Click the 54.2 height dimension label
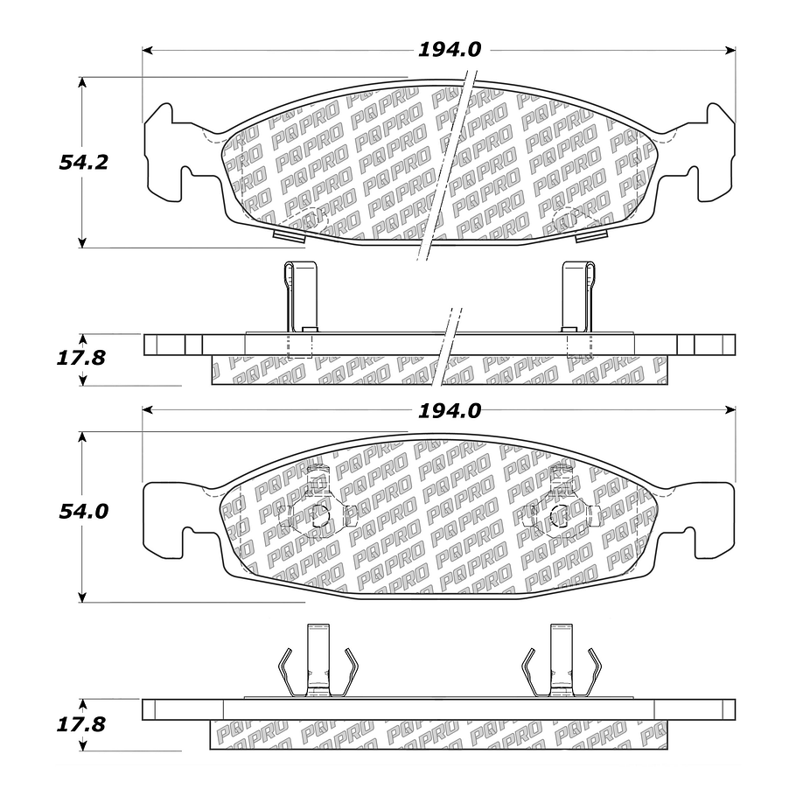(83, 162)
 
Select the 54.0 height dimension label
(84, 512)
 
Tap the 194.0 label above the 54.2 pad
(449, 50)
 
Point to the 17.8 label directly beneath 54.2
(83, 358)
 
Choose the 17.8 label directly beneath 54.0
(83, 725)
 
